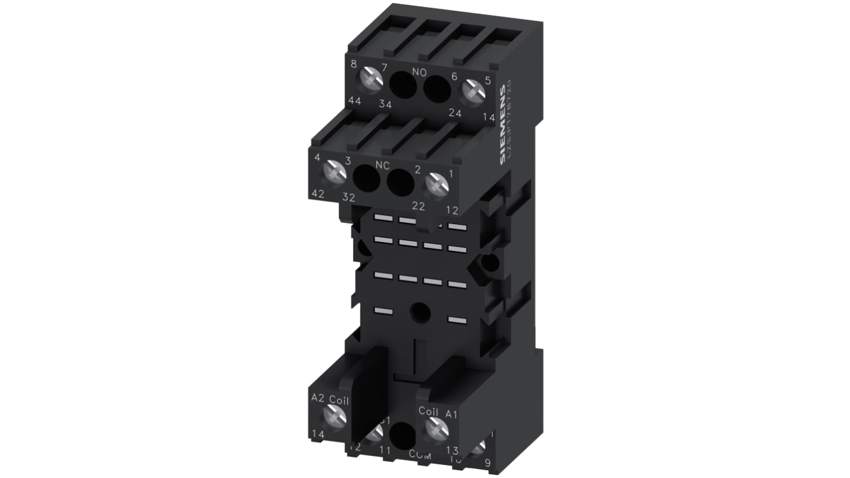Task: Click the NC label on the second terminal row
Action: click(x=382, y=164)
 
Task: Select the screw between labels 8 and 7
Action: click(x=371, y=79)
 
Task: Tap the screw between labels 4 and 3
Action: click(x=334, y=173)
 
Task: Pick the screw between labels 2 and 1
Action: click(x=437, y=184)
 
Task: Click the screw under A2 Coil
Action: click(x=334, y=415)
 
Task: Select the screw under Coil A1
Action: click(x=436, y=428)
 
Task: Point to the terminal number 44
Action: click(x=354, y=101)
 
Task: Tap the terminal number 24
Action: click(x=456, y=113)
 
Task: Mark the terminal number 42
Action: click(x=318, y=193)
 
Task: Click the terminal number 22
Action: click(x=418, y=205)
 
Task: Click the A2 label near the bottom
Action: click(x=317, y=397)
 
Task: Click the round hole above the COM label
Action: click(x=402, y=433)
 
